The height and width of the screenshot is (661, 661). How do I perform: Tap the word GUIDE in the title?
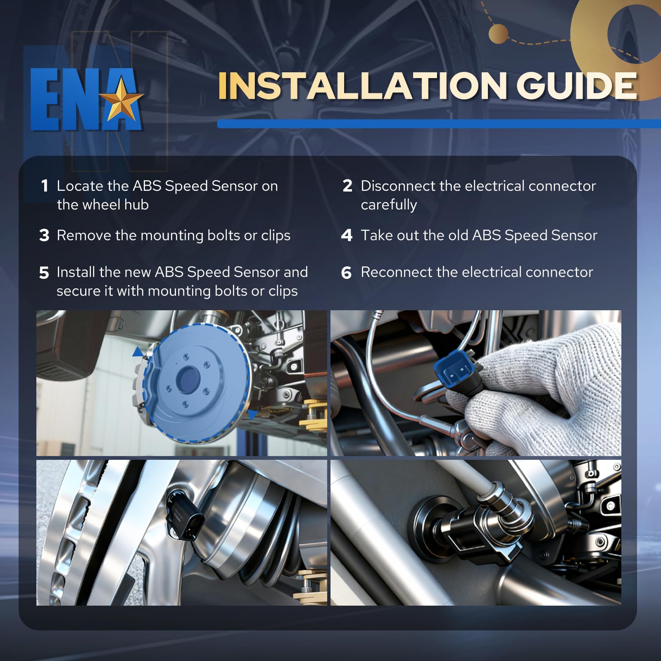[x=577, y=86]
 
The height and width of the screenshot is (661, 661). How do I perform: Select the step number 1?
[x=45, y=186]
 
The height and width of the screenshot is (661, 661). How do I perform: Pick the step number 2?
[x=347, y=186]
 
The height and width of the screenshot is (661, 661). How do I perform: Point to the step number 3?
[x=44, y=235]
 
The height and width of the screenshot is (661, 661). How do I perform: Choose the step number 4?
[x=347, y=235]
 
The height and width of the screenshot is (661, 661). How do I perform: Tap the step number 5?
[x=44, y=273]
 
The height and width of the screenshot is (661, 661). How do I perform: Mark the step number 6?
[x=347, y=273]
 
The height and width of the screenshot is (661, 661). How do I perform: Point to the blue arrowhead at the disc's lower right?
[x=252, y=415]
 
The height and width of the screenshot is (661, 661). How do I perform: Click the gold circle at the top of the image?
[x=498, y=34]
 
